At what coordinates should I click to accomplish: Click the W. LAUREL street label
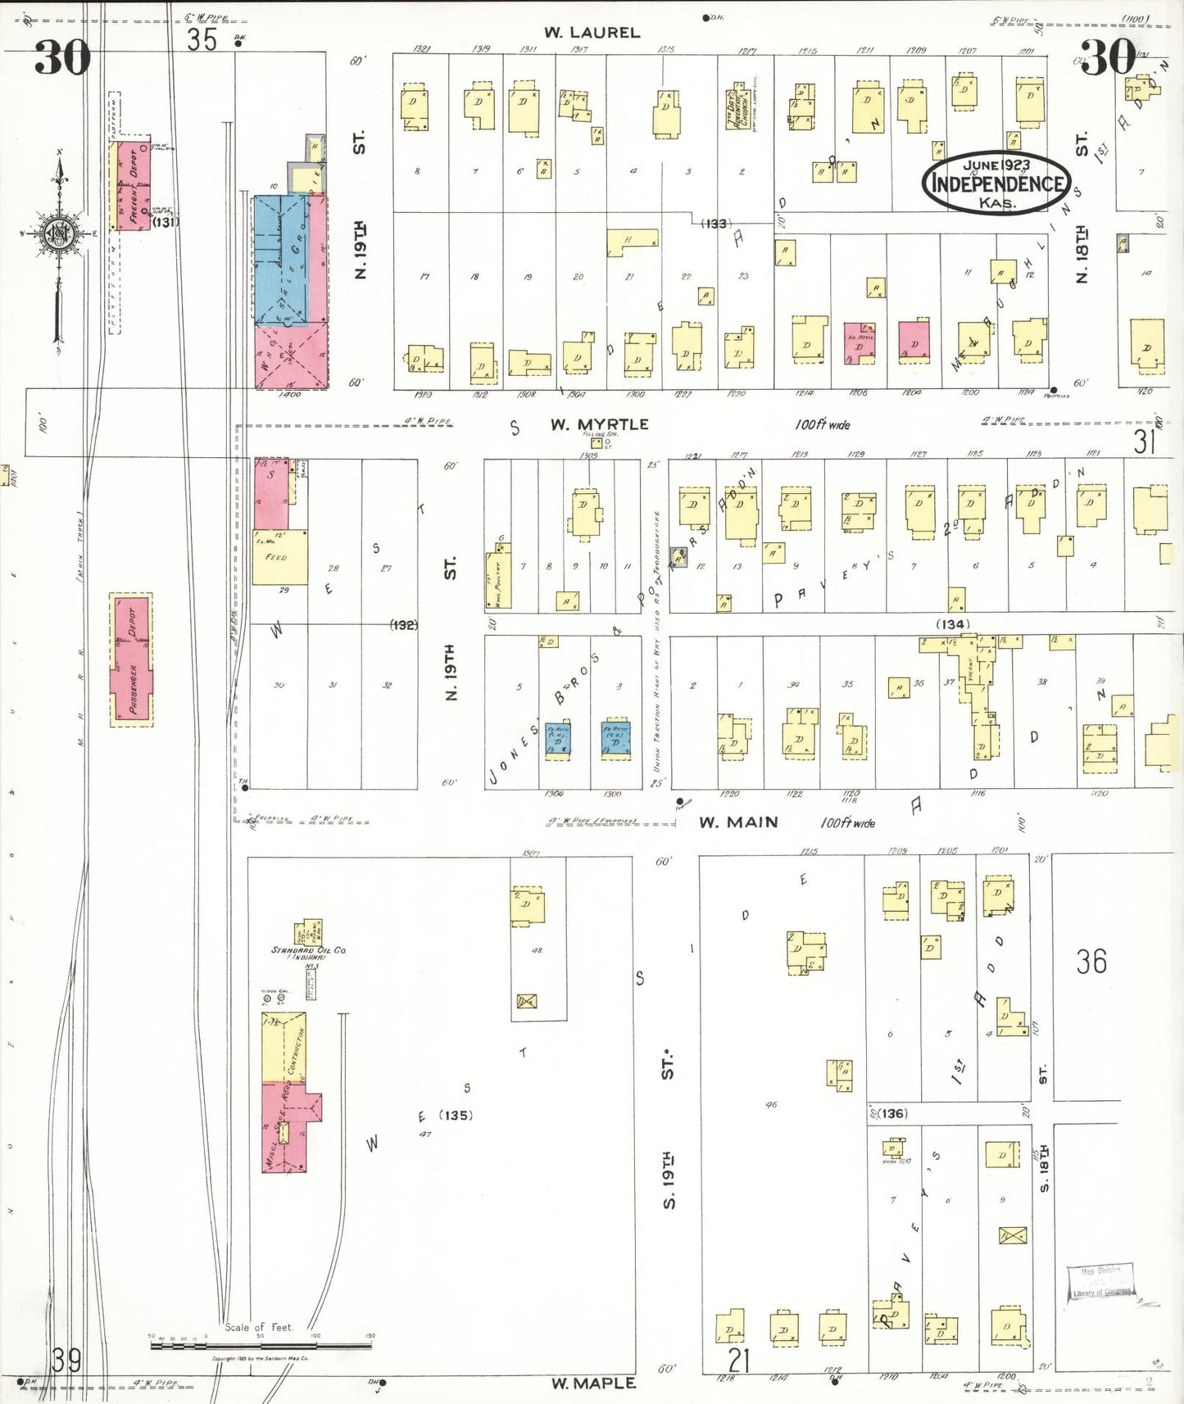pyautogui.click(x=592, y=33)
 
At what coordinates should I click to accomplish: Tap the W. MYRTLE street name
pyautogui.click(x=599, y=424)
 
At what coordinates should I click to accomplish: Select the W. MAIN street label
pyautogui.click(x=738, y=822)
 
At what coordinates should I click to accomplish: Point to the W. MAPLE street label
pyautogui.click(x=592, y=1383)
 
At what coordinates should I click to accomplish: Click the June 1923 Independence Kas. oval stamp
pyautogui.click(x=996, y=183)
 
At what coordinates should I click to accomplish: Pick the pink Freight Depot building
pyautogui.click(x=131, y=185)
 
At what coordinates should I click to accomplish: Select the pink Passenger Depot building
pyautogui.click(x=132, y=659)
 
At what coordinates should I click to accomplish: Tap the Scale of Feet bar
pyautogui.click(x=260, y=1344)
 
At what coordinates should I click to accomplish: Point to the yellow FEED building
pyautogui.click(x=279, y=557)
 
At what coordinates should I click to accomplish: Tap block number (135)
pyautogui.click(x=456, y=1115)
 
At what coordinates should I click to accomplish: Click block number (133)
pyautogui.click(x=714, y=224)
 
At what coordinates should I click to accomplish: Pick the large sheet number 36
pyautogui.click(x=1091, y=961)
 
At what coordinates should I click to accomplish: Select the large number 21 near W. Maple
pyautogui.click(x=738, y=1361)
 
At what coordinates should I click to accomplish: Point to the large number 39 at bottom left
pyautogui.click(x=66, y=1361)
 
